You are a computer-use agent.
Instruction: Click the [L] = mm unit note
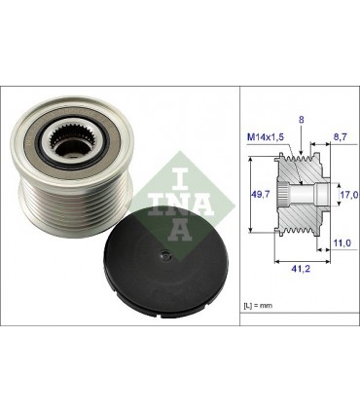(261, 307)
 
